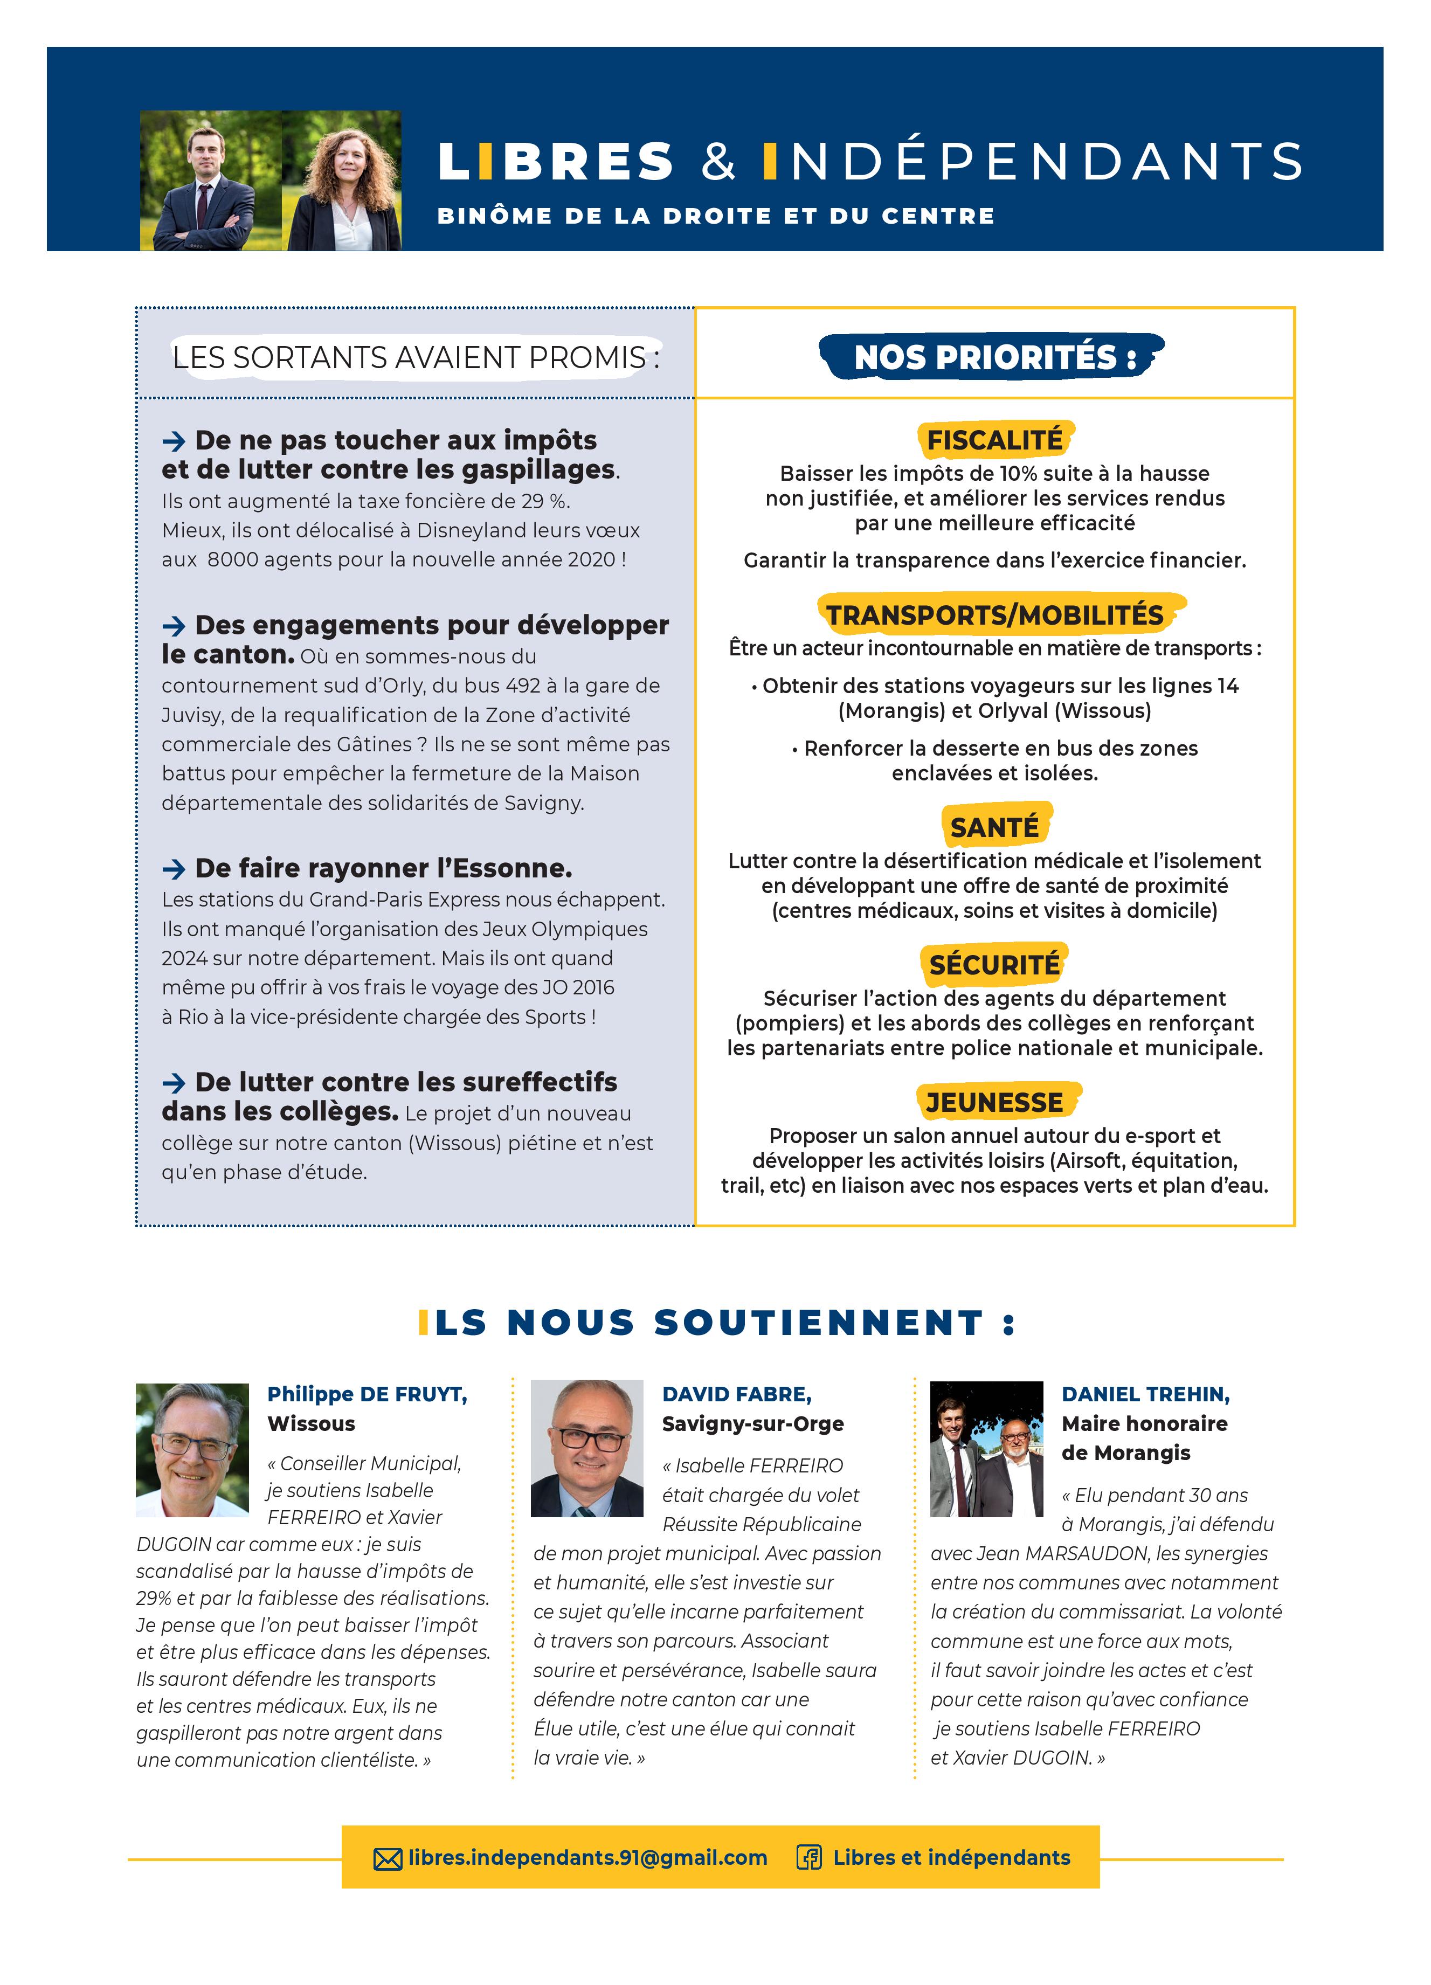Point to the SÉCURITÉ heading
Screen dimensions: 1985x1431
(994, 965)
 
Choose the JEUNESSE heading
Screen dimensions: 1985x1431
(994, 1102)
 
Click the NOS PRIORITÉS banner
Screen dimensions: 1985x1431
(994, 357)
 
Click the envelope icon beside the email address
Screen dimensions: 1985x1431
(388, 1859)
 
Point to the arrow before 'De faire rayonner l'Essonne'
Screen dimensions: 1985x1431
(174, 869)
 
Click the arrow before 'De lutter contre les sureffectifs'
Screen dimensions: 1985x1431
(174, 1083)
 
